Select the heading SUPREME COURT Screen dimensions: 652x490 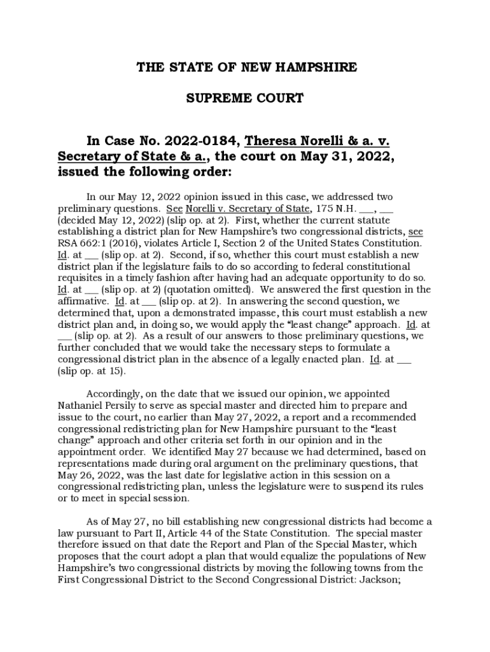[x=244, y=99]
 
